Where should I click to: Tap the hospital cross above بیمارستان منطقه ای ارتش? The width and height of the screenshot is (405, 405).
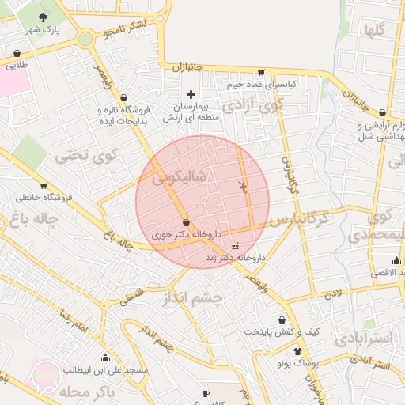pyautogui.click(x=190, y=95)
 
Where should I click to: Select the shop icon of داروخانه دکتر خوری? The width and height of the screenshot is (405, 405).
pyautogui.click(x=185, y=223)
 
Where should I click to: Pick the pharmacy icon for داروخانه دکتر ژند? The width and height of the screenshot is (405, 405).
pyautogui.click(x=234, y=247)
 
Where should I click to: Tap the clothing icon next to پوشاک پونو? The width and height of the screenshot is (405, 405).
pyautogui.click(x=297, y=351)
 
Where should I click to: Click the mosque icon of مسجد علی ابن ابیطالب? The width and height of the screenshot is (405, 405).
pyautogui.click(x=106, y=358)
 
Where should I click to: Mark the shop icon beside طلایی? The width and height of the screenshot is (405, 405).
pyautogui.click(x=17, y=55)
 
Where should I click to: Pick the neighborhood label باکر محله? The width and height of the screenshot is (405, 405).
pyautogui.click(x=109, y=392)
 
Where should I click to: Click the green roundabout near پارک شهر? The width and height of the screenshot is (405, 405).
pyautogui.click(x=85, y=38)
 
